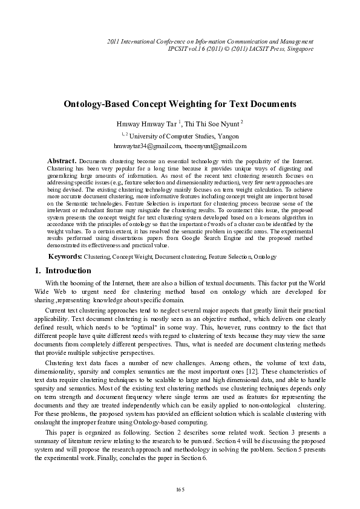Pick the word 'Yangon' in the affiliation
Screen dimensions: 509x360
[x=227, y=136]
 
